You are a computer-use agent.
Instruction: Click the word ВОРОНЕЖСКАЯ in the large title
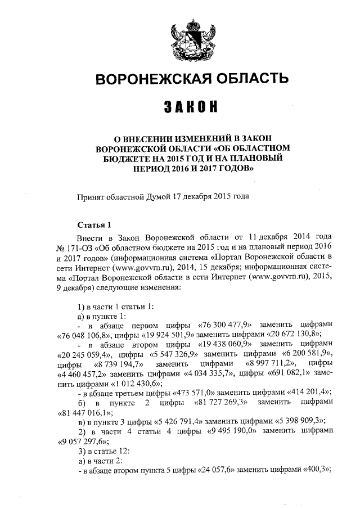pos(146,79)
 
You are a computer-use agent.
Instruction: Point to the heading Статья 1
pos(92,224)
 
